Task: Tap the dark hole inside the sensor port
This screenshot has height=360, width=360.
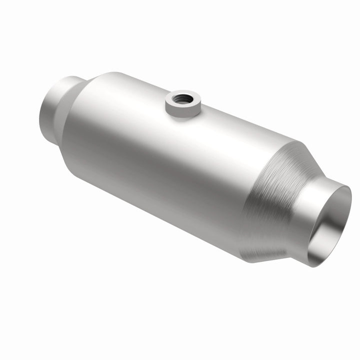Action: (x=182, y=97)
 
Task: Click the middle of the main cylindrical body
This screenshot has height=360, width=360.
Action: (x=165, y=160)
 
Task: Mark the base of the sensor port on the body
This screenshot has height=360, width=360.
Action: (x=182, y=117)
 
